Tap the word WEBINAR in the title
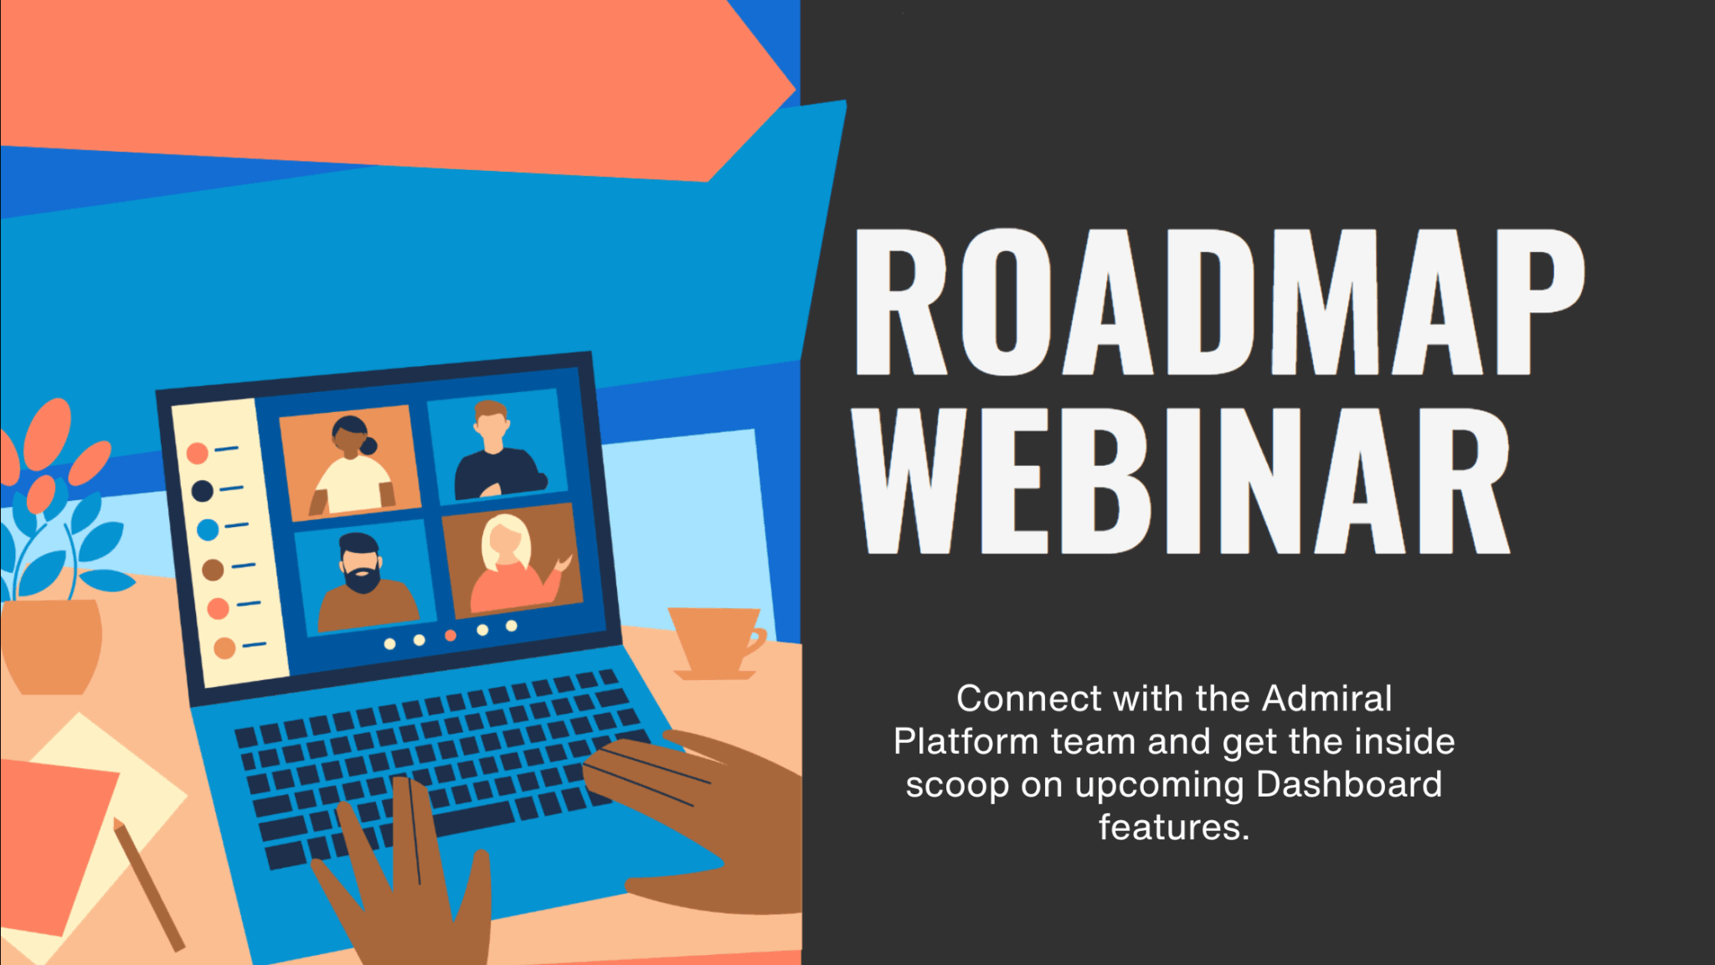pyautogui.click(x=1181, y=482)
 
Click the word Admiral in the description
pyautogui.click(x=1326, y=698)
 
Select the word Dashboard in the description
pyautogui.click(x=1349, y=785)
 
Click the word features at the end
pyautogui.click(x=1173, y=828)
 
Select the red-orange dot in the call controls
pyautogui.click(x=451, y=636)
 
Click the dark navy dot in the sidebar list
pyautogui.click(x=203, y=491)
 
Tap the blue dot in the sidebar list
pyautogui.click(x=208, y=529)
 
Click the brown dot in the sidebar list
pyautogui.click(x=213, y=570)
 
